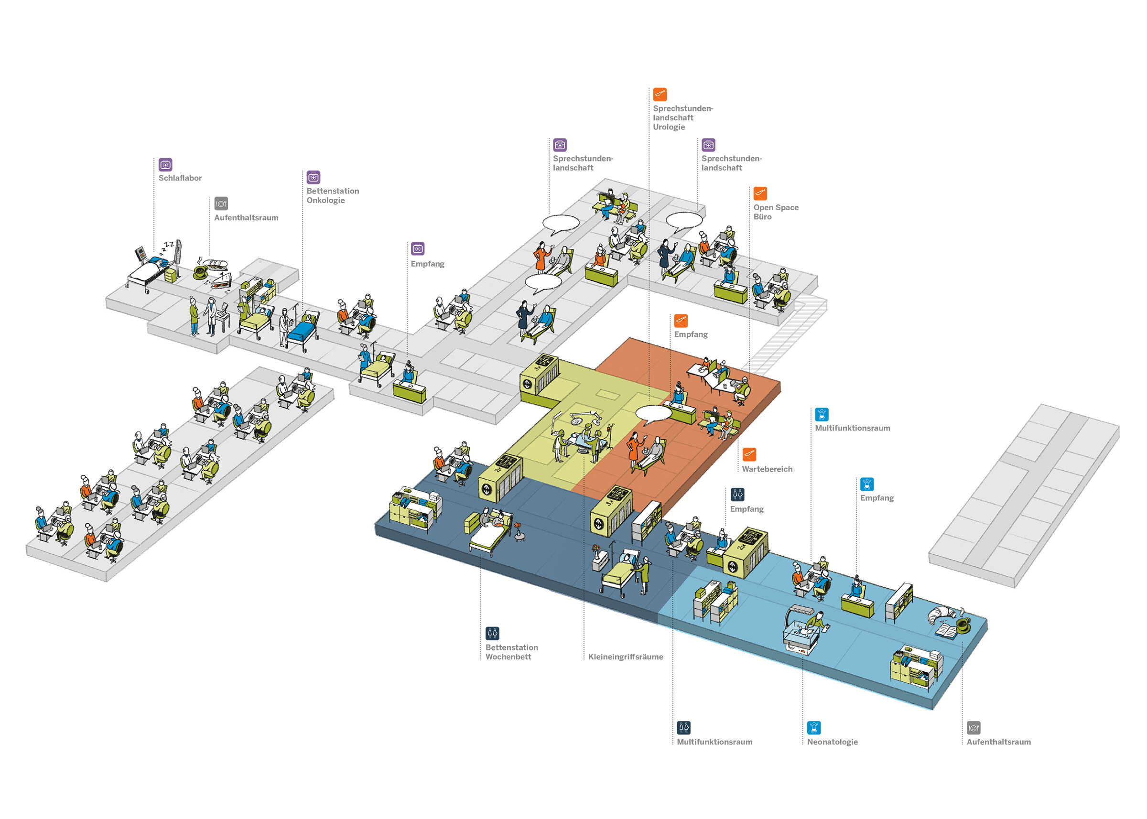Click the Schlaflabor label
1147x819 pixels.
(x=180, y=178)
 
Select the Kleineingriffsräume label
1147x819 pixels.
(x=625, y=657)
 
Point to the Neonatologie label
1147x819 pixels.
(x=832, y=742)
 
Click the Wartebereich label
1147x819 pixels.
(x=767, y=469)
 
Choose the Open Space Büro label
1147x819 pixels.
(x=775, y=212)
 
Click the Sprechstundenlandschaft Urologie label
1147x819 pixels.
(x=682, y=118)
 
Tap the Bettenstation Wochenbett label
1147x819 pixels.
(x=511, y=652)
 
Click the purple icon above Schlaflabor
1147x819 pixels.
(x=165, y=164)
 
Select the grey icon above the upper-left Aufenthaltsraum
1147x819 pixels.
(x=221, y=204)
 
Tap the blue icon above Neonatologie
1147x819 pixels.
(x=813, y=728)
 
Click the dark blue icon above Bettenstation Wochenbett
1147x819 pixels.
(x=492, y=633)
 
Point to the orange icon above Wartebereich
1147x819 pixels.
(x=749, y=454)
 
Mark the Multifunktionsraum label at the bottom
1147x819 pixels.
(x=714, y=742)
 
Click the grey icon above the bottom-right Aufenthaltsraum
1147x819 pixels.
(x=973, y=728)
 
